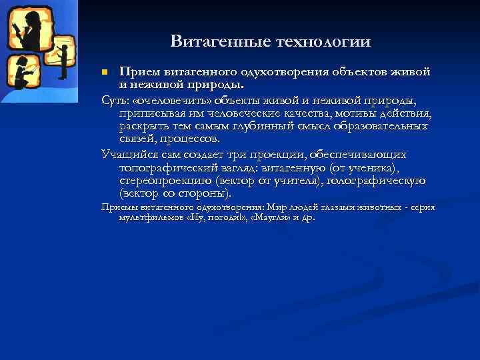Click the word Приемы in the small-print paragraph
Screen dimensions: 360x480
(117, 207)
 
